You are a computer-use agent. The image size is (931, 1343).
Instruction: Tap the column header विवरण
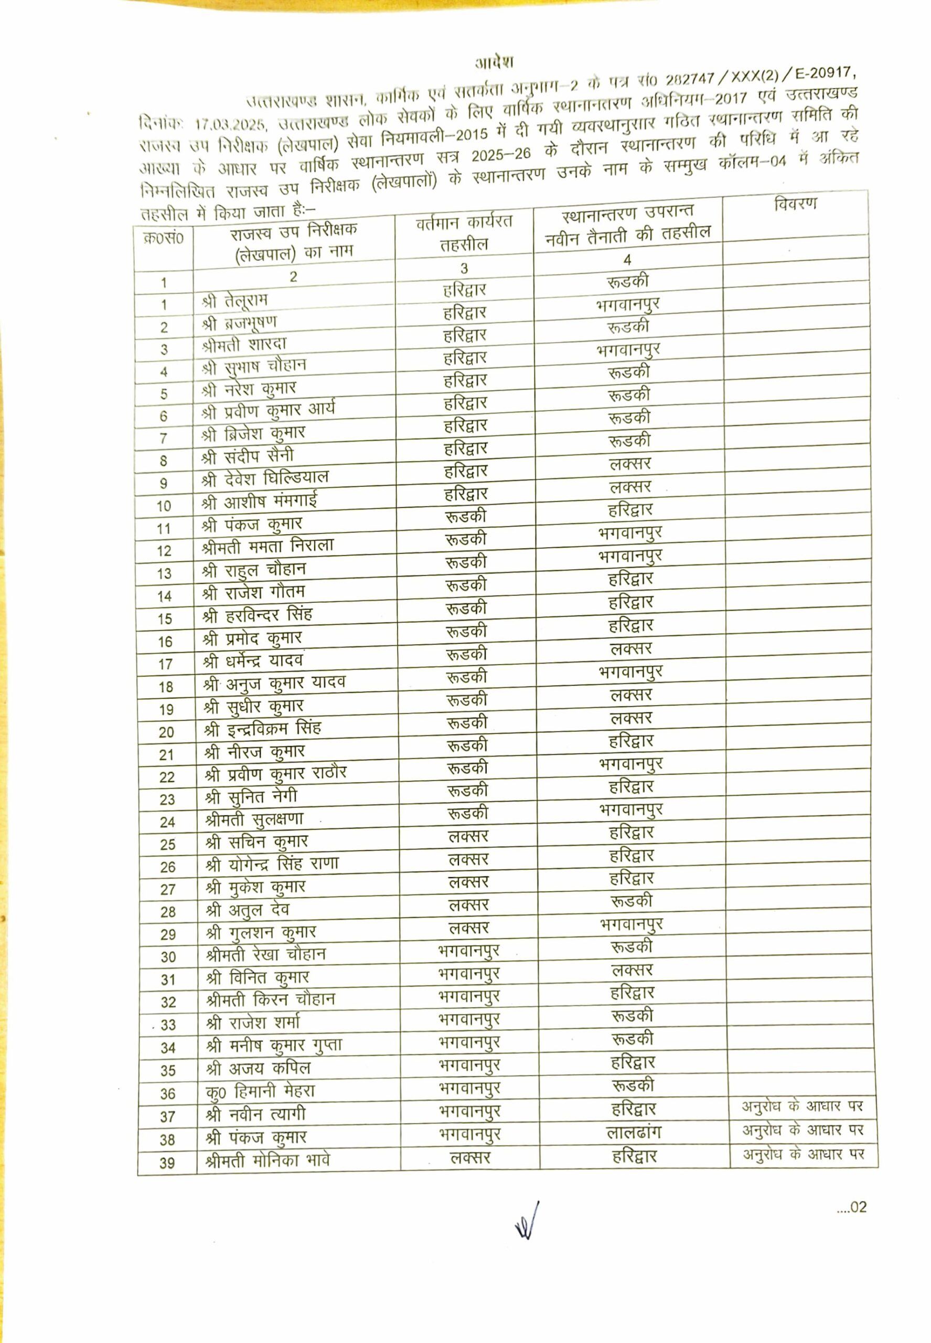pos(795,204)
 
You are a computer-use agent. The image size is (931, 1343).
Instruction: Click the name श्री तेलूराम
pos(234,301)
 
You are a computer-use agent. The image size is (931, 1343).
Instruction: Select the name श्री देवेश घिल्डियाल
pos(265,478)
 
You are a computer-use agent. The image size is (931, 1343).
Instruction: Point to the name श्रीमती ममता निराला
pos(267,546)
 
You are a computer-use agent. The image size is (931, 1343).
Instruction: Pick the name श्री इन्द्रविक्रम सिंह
pos(262,729)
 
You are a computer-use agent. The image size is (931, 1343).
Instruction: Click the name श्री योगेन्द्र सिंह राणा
pos(272,864)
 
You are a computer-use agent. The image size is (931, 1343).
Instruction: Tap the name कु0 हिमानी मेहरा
pos(260,1091)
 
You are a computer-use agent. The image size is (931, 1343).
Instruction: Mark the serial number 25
pos(167,845)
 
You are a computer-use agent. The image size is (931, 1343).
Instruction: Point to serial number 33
pos(168,1025)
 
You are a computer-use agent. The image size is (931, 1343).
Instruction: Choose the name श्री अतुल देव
pos(248,910)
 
